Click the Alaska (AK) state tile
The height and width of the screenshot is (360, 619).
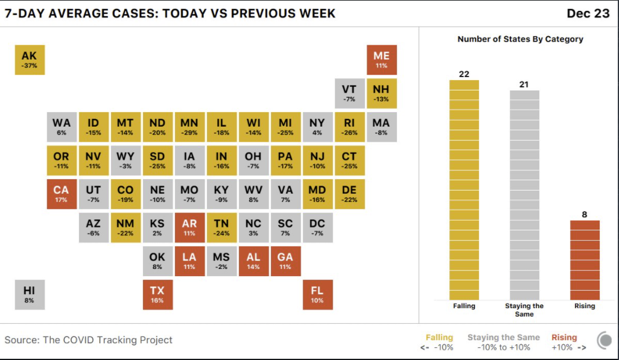pos(29,60)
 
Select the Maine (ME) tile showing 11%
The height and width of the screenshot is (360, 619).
pos(381,60)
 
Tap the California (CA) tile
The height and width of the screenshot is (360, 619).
pos(62,194)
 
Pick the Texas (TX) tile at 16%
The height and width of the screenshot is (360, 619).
pos(157,294)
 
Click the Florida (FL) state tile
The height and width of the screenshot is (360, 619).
pos(317,294)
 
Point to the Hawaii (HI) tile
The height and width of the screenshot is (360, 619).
pos(29,294)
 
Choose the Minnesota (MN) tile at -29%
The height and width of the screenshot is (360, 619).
pos(189,127)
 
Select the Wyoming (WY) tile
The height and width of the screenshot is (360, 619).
pos(125,160)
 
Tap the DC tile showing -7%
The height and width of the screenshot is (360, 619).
pos(317,227)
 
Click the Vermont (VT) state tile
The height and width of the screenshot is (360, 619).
pos(349,93)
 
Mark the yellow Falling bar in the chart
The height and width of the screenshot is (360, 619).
pos(464,190)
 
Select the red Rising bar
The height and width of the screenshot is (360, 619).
pos(585,260)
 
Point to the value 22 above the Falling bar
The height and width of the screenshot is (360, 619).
pos(464,74)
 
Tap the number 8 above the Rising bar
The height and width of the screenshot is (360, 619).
pos(585,214)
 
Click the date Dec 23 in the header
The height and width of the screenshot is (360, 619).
pos(588,13)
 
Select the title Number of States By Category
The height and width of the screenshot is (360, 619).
pos(520,39)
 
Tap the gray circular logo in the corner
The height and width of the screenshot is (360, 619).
pos(604,341)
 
